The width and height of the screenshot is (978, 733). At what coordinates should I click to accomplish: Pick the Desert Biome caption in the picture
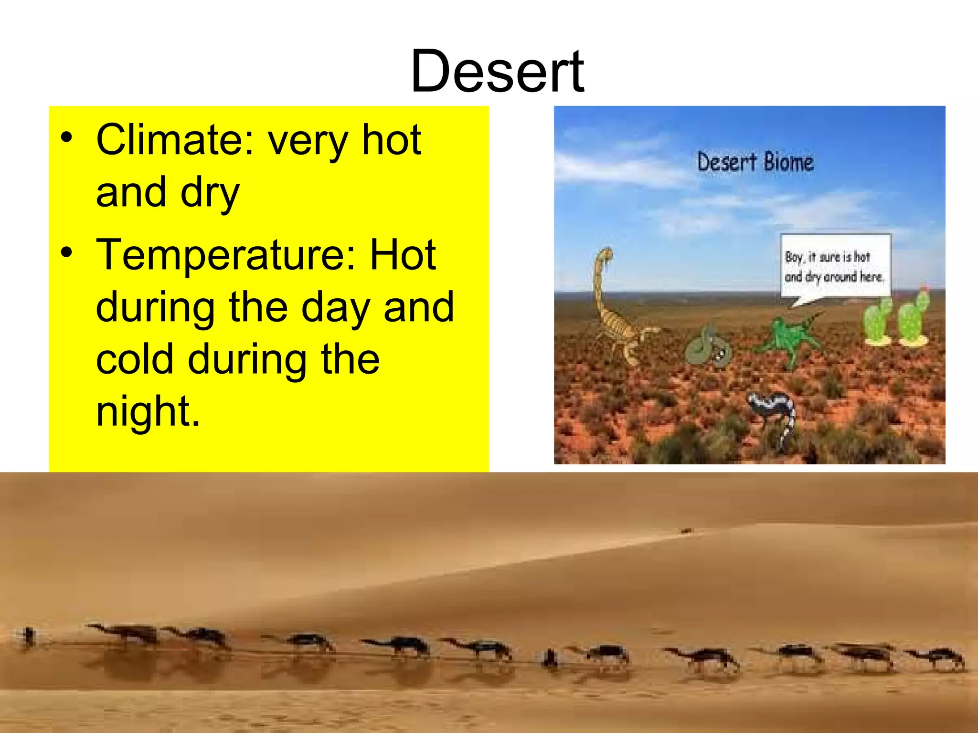(755, 162)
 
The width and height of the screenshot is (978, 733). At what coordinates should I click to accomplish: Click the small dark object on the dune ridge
(686, 531)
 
